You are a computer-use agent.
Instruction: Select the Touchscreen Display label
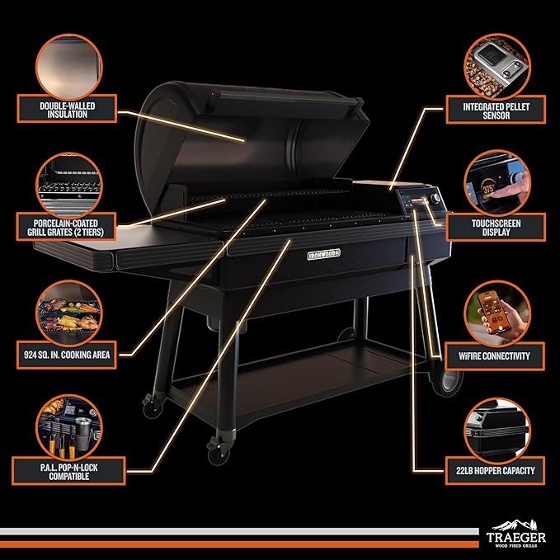point(496,228)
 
